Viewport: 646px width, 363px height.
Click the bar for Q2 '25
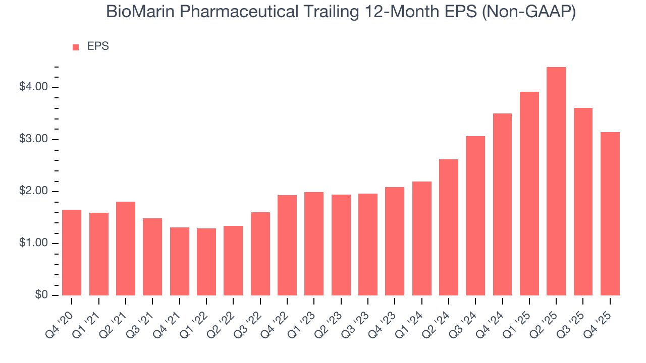coord(556,181)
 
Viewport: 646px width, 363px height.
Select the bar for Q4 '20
coord(72,253)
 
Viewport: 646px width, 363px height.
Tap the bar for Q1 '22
coord(206,262)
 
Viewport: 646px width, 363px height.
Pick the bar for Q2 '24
coord(449,227)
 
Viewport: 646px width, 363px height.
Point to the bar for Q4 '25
coord(610,214)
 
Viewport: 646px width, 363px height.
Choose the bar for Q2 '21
coord(126,249)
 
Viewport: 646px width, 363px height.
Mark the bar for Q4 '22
coord(287,245)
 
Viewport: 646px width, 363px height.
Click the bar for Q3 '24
coord(475,216)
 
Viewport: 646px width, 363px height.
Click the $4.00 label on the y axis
coord(33,87)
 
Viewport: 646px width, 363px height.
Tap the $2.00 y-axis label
coord(33,191)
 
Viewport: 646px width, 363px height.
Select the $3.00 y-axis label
coord(33,139)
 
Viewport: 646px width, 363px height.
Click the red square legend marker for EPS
coord(76,47)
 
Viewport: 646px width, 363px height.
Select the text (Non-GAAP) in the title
coord(528,12)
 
